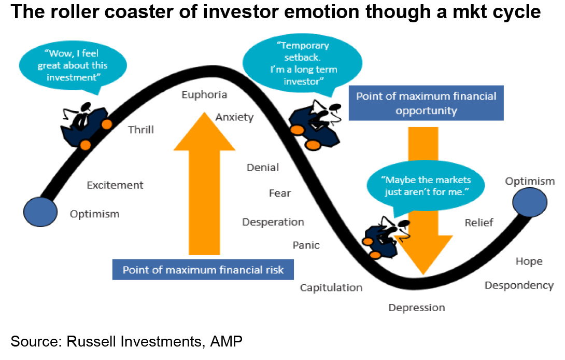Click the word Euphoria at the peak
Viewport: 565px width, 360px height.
(204, 95)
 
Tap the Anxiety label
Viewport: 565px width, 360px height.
(235, 118)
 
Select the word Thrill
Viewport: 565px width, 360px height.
(141, 130)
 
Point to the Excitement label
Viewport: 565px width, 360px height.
(115, 185)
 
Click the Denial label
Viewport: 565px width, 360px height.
(263, 168)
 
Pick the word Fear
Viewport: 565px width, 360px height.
(280, 193)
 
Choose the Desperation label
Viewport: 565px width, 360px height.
(273, 222)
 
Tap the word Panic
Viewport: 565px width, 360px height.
(306, 245)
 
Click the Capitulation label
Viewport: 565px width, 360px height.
(331, 288)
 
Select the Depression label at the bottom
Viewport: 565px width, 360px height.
(417, 308)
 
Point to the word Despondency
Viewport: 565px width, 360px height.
(519, 286)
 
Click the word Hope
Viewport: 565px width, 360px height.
(529, 261)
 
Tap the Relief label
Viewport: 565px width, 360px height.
(479, 223)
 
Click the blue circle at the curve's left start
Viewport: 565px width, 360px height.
(40, 212)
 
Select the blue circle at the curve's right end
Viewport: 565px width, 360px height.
(530, 202)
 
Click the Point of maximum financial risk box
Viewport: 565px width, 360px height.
(203, 269)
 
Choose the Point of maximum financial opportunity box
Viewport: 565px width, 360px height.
(426, 103)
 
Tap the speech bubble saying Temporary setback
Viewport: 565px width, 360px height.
(303, 63)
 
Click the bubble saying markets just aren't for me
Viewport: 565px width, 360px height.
(426, 185)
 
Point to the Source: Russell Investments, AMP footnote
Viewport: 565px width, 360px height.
(126, 341)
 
